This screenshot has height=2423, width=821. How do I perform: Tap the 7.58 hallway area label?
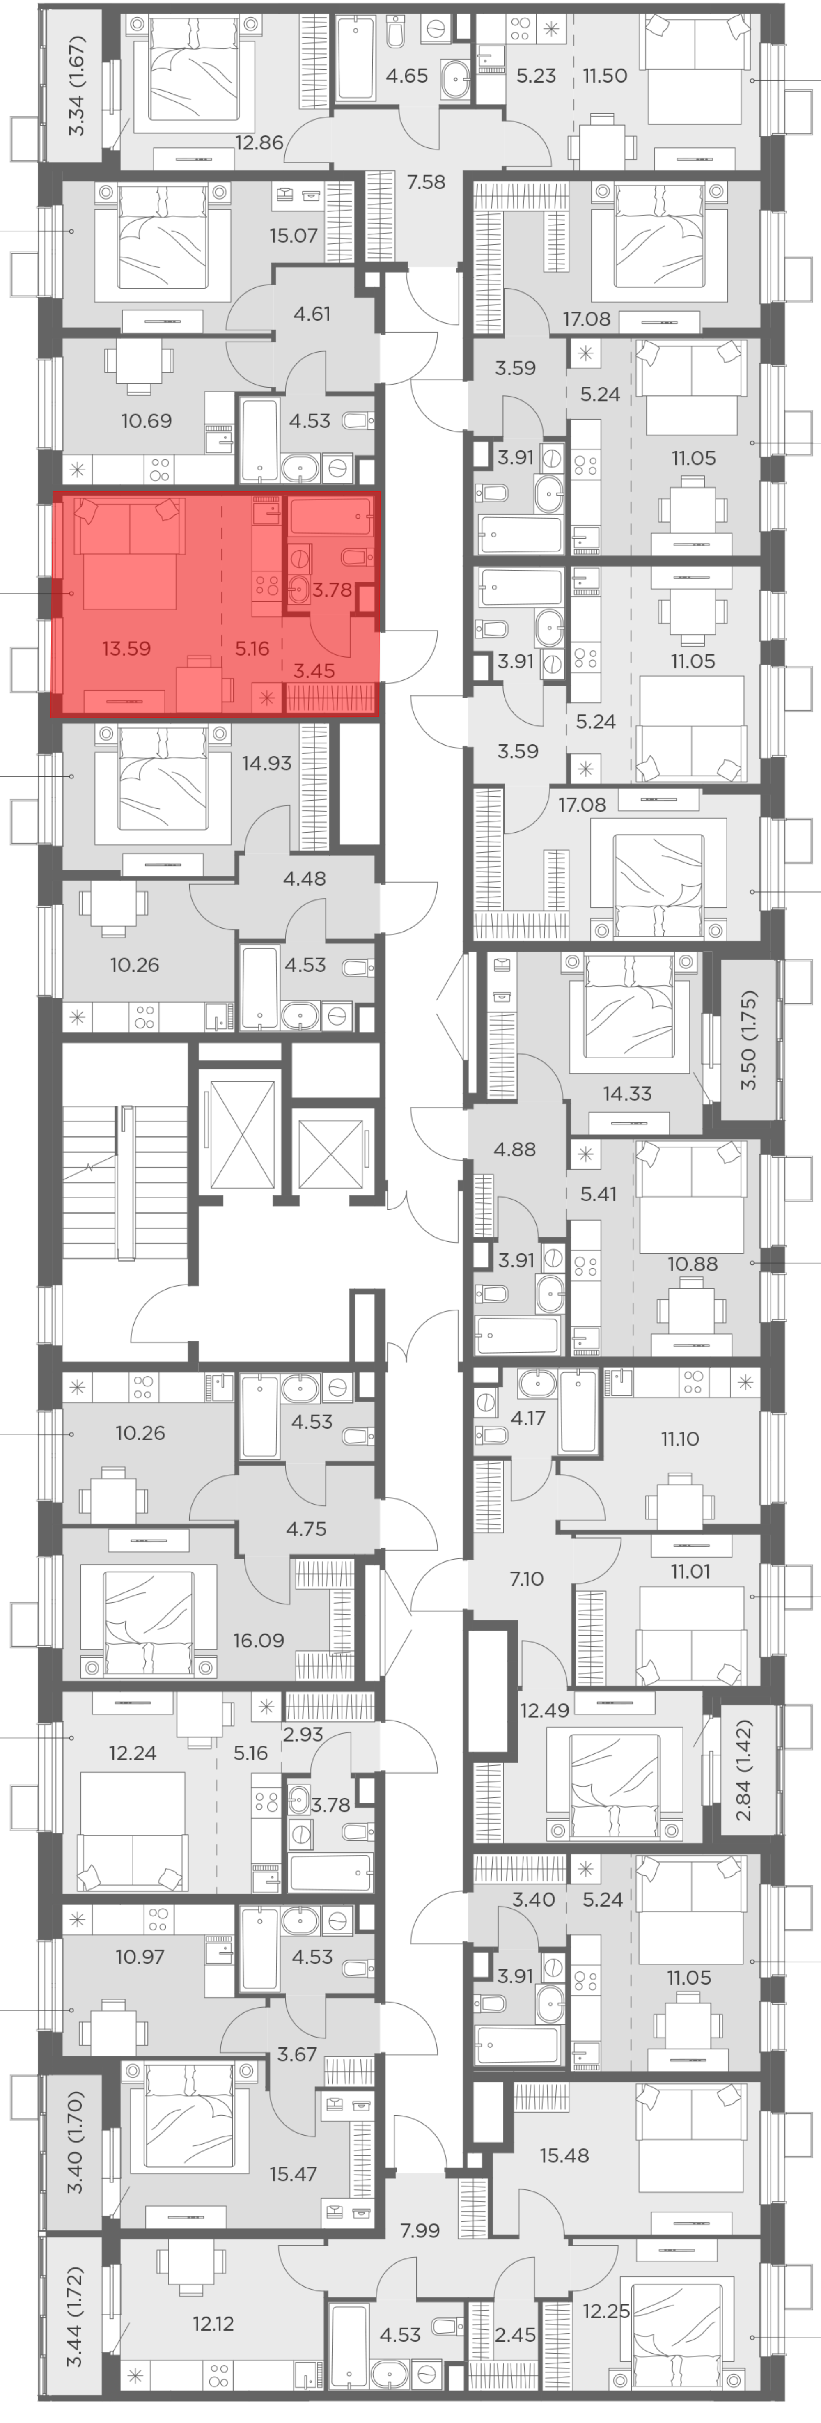click(426, 181)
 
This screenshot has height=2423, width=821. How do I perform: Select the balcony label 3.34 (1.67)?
click(77, 85)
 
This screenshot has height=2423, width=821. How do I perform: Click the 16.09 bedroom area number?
click(259, 1641)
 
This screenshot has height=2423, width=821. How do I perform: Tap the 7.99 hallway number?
click(420, 2230)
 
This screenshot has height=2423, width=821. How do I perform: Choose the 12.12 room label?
click(213, 2323)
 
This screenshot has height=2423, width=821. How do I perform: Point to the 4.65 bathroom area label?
click(406, 75)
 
